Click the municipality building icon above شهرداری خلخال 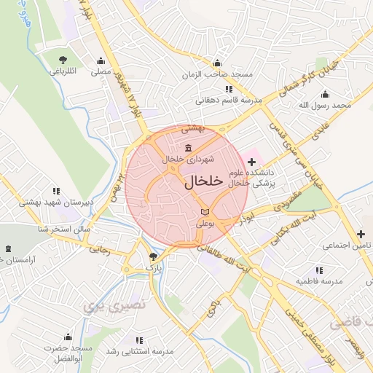click(x=178, y=149)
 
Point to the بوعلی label click(x=205, y=224)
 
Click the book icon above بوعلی click(x=205, y=213)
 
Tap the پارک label click(x=152, y=268)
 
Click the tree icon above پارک click(x=152, y=256)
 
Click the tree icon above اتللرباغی click(x=63, y=59)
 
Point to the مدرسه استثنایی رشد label click(x=139, y=351)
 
